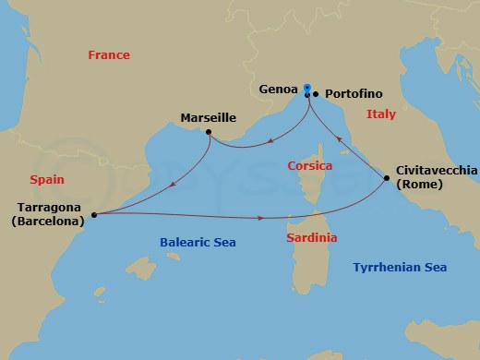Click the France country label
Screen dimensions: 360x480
(x=109, y=55)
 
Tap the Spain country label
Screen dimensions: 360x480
(x=47, y=180)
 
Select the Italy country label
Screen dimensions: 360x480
(x=380, y=115)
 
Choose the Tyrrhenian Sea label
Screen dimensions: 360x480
(x=401, y=267)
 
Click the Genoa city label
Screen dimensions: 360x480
(x=279, y=92)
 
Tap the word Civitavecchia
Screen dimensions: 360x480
(x=437, y=170)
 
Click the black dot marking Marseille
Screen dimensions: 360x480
(x=210, y=132)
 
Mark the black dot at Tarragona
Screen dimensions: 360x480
(x=93, y=216)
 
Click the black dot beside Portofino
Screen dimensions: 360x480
(x=315, y=94)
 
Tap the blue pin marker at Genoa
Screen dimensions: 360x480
(x=306, y=88)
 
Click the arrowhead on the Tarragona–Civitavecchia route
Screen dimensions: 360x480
(x=263, y=218)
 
